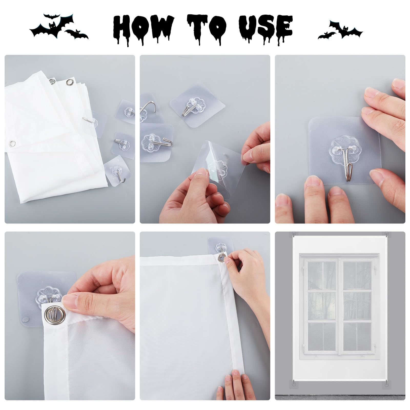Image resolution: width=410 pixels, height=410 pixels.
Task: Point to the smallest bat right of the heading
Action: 327,35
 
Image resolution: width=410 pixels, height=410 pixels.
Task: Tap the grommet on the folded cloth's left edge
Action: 12,142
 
